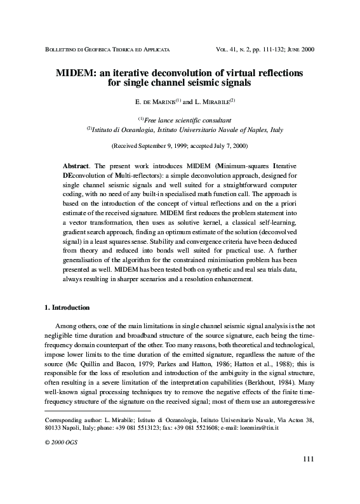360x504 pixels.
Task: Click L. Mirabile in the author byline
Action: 213,101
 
